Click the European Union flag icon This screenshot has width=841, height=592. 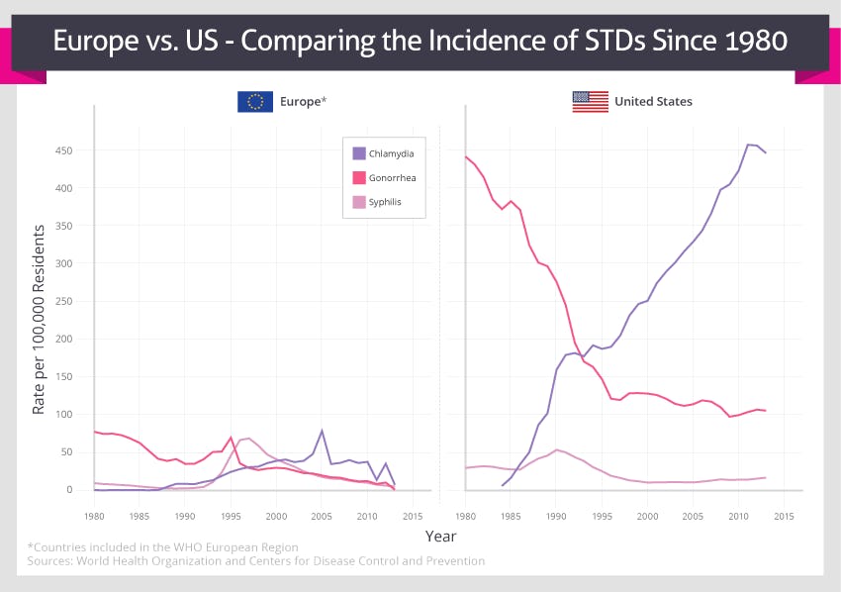(x=255, y=101)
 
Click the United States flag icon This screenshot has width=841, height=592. (x=590, y=101)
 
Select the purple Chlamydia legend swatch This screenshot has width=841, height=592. (x=359, y=153)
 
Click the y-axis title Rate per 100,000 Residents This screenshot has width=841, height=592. (x=40, y=318)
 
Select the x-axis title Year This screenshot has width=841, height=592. (x=440, y=537)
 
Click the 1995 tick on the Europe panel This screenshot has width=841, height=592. (x=231, y=517)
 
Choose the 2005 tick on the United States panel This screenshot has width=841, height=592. (x=693, y=517)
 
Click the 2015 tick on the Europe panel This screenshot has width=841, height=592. (x=413, y=517)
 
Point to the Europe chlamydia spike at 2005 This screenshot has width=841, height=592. (x=322, y=431)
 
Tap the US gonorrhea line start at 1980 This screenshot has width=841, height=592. (x=465, y=156)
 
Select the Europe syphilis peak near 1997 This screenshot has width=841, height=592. (x=248, y=438)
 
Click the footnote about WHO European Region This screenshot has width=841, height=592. (x=162, y=546)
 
